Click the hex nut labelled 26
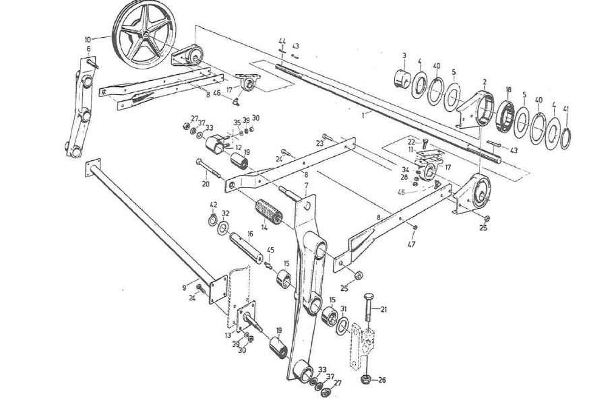[x=367, y=379]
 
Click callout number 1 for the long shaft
[x=361, y=114]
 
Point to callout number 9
[x=184, y=288]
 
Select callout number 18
[x=508, y=89]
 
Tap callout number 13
[x=228, y=335]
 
